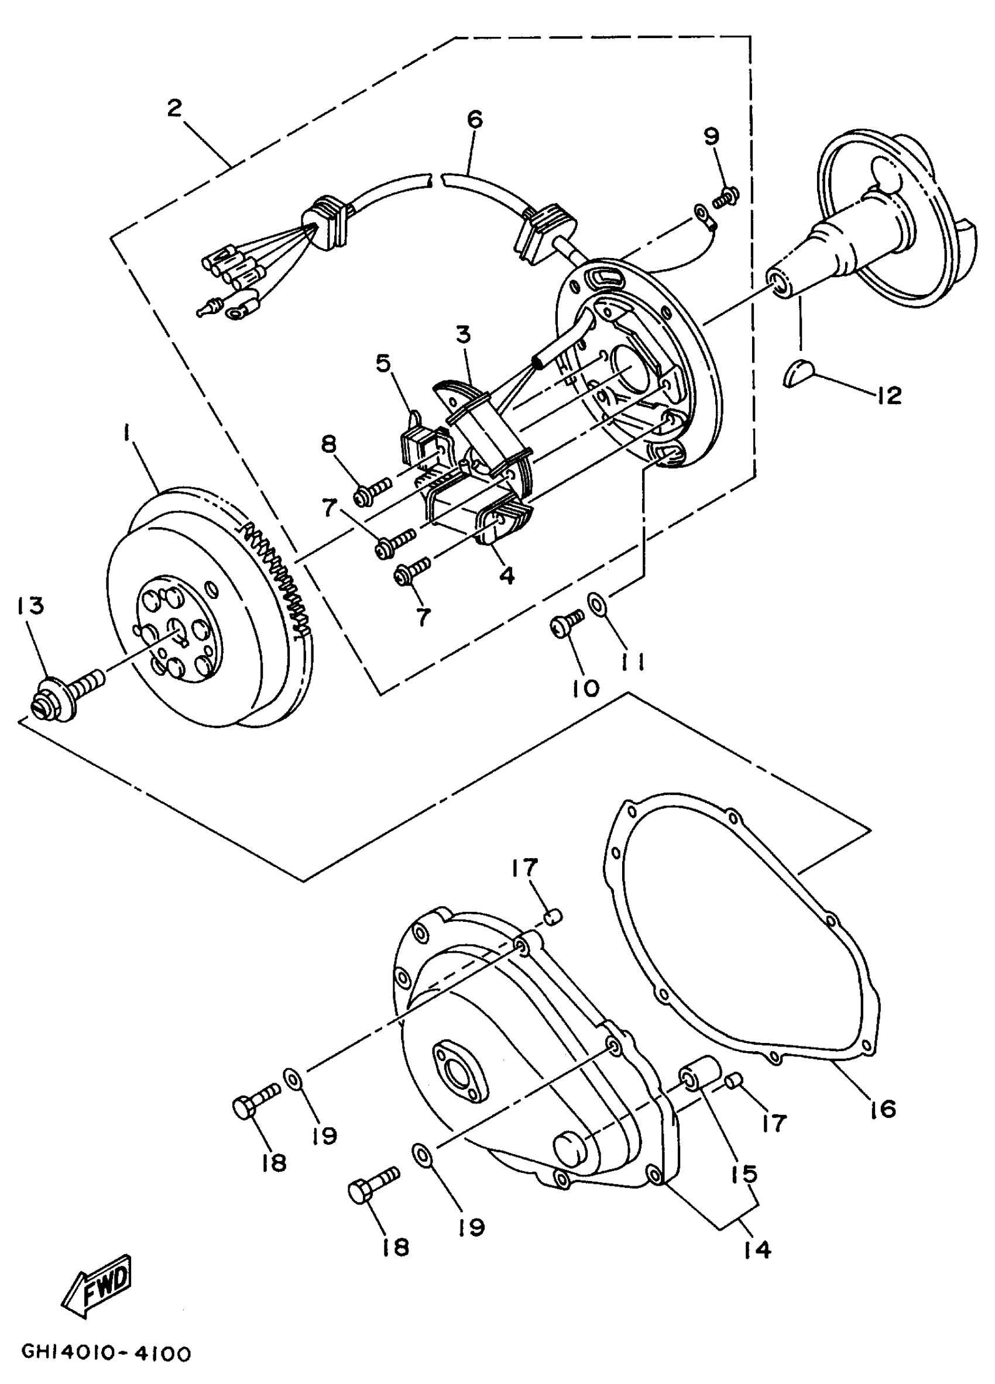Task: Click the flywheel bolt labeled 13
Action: click(67, 692)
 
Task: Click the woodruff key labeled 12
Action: click(798, 370)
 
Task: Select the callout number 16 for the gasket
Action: click(883, 1107)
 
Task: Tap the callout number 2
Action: click(174, 109)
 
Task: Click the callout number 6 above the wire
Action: click(474, 119)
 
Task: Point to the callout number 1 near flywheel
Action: click(127, 434)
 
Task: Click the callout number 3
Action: click(464, 335)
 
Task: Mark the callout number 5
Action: click(383, 364)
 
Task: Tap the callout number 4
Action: click(507, 574)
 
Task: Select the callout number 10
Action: click(586, 688)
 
